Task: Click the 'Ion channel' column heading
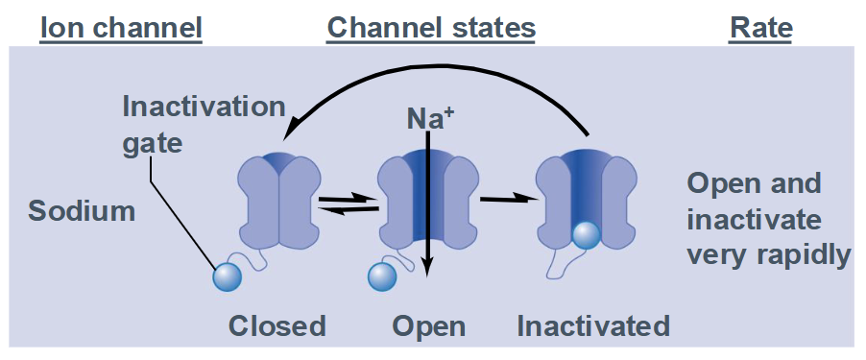pos(120,28)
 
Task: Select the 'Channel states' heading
pos(431,28)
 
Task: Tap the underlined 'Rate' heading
pos(761,28)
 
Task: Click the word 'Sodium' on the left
pos(82,211)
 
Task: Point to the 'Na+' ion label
pos(429,120)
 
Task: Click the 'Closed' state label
pos(277,326)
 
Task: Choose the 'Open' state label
pos(428,326)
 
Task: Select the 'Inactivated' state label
pos(593,326)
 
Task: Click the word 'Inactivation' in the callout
pos(204,105)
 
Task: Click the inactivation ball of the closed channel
pos(226,276)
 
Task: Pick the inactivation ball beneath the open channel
pos(382,276)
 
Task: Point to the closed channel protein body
pos(278,201)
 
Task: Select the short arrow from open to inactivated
pos(506,200)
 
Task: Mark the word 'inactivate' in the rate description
pos(755,220)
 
